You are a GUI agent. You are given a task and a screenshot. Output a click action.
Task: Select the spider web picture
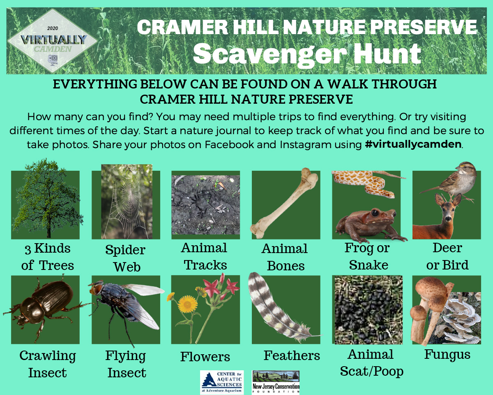coord(127,202)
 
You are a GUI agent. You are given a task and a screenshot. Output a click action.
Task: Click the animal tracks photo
coord(205,204)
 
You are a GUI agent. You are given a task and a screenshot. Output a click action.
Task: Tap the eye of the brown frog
coord(374,213)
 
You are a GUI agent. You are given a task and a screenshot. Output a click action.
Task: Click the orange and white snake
coord(362,181)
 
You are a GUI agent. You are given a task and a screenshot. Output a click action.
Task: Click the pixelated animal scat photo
coord(366,309)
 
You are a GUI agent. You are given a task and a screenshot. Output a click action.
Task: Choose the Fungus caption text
coord(447,354)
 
